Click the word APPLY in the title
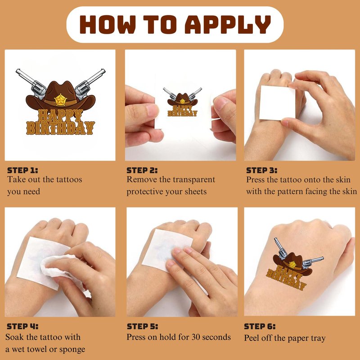[228, 24]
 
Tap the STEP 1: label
[22, 171]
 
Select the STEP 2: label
[142, 171]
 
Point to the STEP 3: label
[262, 171]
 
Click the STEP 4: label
[22, 326]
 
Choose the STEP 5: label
[142, 326]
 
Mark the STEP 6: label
[260, 326]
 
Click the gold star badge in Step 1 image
[60, 100]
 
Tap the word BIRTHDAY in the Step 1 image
[60, 128]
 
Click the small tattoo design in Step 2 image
[183, 102]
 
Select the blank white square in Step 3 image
[277, 103]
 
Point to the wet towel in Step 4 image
[61, 267]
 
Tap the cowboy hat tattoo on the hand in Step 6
[292, 264]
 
